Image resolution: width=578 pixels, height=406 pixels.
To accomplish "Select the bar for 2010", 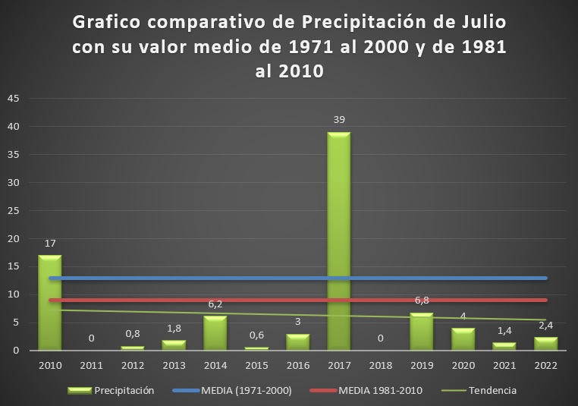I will (x=49, y=303).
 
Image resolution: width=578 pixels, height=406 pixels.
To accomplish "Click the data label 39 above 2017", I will (x=338, y=119).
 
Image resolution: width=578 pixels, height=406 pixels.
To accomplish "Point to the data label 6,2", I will (x=215, y=304).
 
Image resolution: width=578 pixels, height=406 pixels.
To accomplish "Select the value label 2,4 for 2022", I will (x=545, y=326).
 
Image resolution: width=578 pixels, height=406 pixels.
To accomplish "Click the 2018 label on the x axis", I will (x=380, y=364).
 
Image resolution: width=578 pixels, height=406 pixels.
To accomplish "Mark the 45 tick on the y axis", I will (x=13, y=99).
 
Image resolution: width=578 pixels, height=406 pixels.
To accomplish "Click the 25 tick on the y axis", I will (x=13, y=211).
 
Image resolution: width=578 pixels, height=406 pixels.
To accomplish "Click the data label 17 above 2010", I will (x=49, y=244).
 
